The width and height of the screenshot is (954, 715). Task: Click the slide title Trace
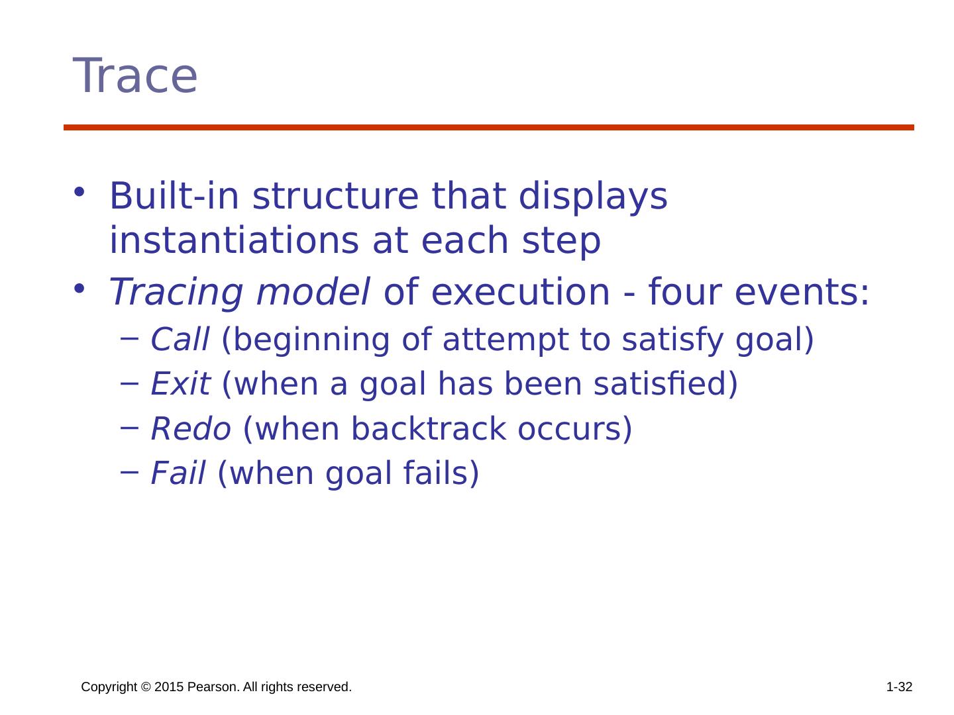[134, 76]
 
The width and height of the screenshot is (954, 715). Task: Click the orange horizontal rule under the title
[488, 127]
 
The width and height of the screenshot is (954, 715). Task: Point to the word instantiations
[234, 240]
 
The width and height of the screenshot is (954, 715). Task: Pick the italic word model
[313, 292]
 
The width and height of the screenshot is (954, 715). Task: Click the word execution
[520, 292]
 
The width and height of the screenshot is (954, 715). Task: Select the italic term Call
[180, 339]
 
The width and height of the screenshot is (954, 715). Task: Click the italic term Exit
[181, 384]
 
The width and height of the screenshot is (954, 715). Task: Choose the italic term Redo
[191, 429]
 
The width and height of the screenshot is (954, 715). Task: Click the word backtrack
[429, 428]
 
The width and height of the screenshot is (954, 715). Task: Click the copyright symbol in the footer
[146, 687]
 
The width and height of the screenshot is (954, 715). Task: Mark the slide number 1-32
[899, 687]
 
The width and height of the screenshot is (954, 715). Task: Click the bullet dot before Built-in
[79, 192]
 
